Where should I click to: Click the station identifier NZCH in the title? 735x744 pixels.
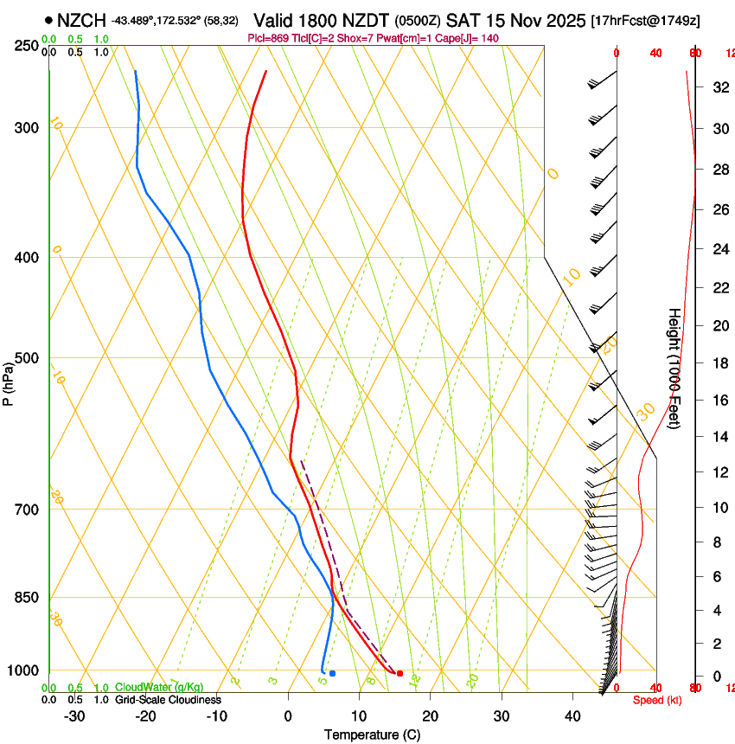82,20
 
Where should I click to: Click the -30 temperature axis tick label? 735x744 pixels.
74,716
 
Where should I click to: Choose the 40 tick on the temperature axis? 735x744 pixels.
572,716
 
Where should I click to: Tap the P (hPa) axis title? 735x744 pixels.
8,382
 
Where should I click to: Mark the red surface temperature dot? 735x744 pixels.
399,673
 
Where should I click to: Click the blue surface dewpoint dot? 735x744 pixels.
332,673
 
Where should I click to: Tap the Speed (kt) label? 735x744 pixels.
657,700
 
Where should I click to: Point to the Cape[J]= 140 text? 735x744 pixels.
457,38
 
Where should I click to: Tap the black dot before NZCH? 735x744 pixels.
48,20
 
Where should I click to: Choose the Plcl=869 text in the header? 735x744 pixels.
268,38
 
